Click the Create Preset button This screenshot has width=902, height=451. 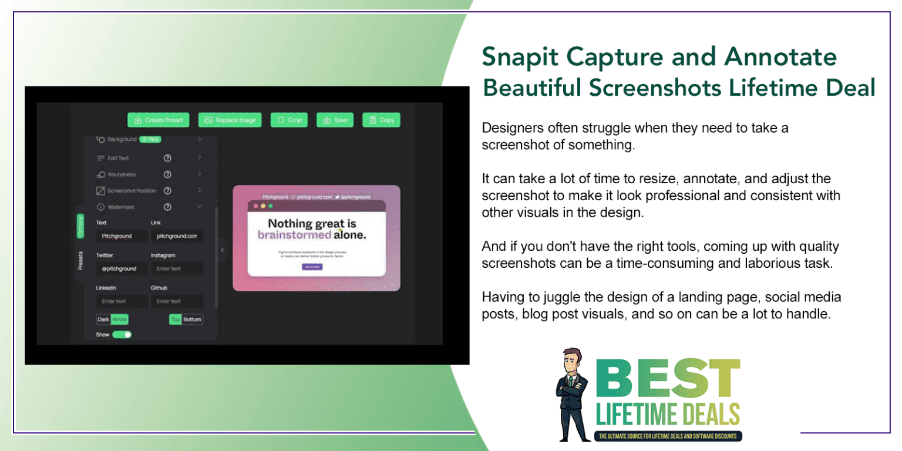pyautogui.click(x=159, y=120)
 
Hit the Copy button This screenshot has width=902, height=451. pyautogui.click(x=381, y=120)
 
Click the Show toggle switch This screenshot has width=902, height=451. pyautogui.click(x=122, y=334)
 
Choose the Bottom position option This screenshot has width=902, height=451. pyautogui.click(x=192, y=319)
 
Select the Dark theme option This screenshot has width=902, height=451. pyautogui.click(x=103, y=319)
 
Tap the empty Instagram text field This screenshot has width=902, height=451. pyautogui.click(x=177, y=268)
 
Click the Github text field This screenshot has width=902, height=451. pyautogui.click(x=177, y=301)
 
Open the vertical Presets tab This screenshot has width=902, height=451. pyautogui.click(x=80, y=261)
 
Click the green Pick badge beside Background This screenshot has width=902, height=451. pyautogui.click(x=150, y=139)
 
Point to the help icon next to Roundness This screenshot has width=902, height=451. pyautogui.click(x=167, y=174)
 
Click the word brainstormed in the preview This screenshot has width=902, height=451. pyautogui.click(x=294, y=235)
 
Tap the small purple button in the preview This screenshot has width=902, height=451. pyautogui.click(x=312, y=267)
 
